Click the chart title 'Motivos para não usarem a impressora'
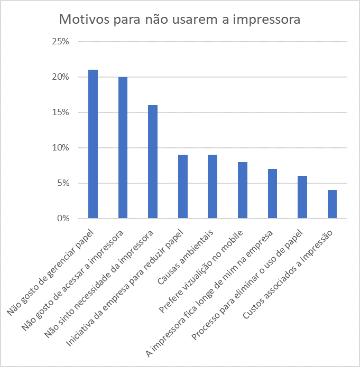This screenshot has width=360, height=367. tap(180, 20)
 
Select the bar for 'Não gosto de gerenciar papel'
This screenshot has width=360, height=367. tap(93, 144)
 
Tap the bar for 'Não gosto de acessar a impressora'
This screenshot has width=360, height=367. tap(123, 148)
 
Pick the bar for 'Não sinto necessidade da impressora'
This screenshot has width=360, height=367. tap(153, 162)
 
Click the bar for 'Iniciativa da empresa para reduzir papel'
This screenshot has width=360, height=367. tap(183, 186)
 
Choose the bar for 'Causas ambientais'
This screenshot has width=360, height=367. tap(213, 186)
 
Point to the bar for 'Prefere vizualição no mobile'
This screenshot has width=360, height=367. tap(243, 190)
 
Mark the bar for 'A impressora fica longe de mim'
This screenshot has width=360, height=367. tap(272, 194)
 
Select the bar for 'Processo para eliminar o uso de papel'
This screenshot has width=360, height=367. tap(302, 197)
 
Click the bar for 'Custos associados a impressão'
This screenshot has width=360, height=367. tap(332, 204)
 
